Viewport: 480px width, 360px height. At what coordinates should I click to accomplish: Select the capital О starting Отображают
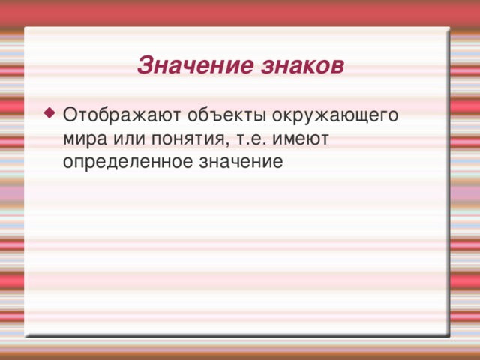70,117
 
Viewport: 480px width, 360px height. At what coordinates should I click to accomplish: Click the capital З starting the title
145,65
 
